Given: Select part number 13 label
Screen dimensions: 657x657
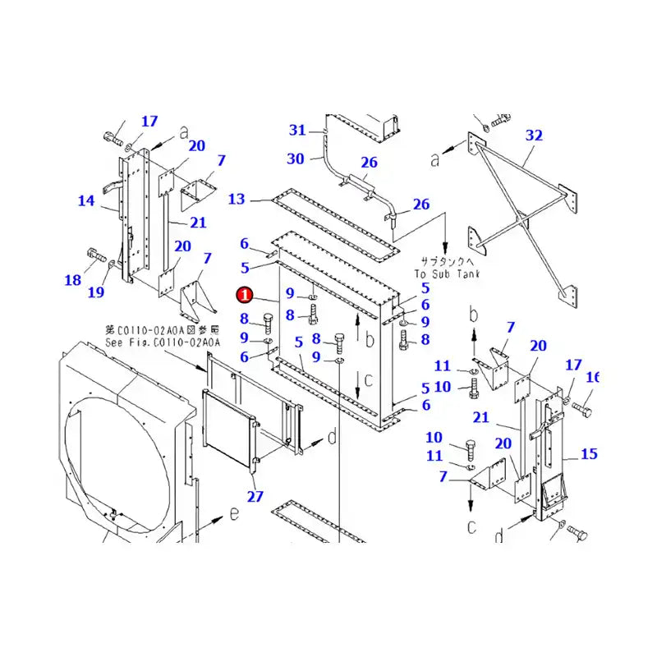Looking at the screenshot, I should click(237, 199).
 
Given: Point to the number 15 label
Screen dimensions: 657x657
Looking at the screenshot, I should click(588, 454).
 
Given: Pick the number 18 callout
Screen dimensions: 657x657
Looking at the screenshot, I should click(73, 280).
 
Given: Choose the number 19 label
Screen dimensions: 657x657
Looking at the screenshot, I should click(96, 292).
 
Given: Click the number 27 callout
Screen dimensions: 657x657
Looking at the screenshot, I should click(255, 495).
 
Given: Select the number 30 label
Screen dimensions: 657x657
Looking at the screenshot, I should click(296, 159).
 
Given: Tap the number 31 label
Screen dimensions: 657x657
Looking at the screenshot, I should click(297, 130).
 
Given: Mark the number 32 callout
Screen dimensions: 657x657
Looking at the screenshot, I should click(535, 135).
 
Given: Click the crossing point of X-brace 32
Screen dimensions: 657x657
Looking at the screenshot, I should click(519, 220).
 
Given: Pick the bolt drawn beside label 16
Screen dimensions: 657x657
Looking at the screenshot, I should click(581, 407).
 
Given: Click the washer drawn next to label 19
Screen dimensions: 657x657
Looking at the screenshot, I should click(110, 264).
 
